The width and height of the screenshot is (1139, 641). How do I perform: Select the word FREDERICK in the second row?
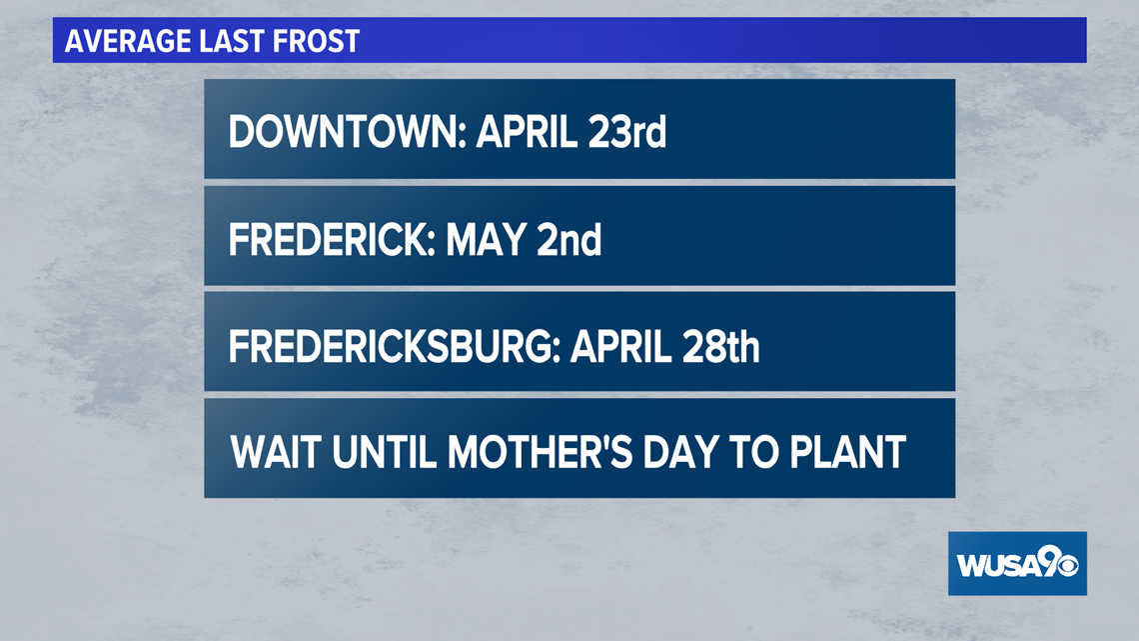click(x=332, y=240)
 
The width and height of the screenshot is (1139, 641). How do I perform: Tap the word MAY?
click(x=486, y=240)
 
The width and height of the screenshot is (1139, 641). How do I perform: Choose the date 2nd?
click(x=569, y=240)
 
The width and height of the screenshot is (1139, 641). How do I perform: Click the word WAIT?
click(x=276, y=453)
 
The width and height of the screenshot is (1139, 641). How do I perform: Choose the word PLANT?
click(x=847, y=453)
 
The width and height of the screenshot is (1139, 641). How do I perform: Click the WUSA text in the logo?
click(x=997, y=565)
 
